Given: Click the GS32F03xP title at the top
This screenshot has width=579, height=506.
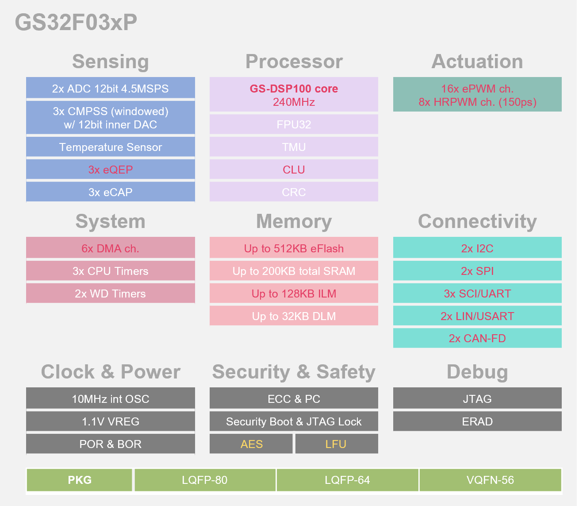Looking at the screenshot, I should point(76,22).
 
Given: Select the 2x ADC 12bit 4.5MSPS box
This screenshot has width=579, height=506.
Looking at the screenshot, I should point(110,89).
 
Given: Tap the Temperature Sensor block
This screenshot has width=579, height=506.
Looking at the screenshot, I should point(110,147).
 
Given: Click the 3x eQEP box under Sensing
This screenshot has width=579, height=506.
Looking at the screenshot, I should point(110,170).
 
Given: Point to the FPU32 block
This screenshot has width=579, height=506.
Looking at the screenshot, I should point(294,124).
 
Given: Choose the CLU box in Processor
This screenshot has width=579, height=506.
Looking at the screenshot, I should point(294,170).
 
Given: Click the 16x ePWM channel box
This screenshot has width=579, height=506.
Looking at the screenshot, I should point(477,95).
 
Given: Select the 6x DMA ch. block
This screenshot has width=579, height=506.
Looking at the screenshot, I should point(110,248).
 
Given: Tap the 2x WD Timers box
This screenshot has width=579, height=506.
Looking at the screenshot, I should point(110,294).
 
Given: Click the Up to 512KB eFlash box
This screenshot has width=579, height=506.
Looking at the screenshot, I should point(294,248).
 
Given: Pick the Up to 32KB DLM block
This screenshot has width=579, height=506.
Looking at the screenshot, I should point(294,316).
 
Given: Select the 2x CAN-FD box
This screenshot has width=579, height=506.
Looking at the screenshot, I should point(477,338).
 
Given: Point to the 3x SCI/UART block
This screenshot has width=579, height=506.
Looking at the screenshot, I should point(477,294).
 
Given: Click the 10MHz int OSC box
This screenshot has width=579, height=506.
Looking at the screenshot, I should point(110,399).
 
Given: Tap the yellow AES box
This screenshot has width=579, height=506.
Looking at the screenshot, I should point(251,444).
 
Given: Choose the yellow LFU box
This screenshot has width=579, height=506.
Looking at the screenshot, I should point(336,444).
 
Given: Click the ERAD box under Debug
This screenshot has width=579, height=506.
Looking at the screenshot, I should point(477,421).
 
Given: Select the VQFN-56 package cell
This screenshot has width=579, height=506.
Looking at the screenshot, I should point(490,480).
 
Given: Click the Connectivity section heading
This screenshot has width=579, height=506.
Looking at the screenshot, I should point(477,221).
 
